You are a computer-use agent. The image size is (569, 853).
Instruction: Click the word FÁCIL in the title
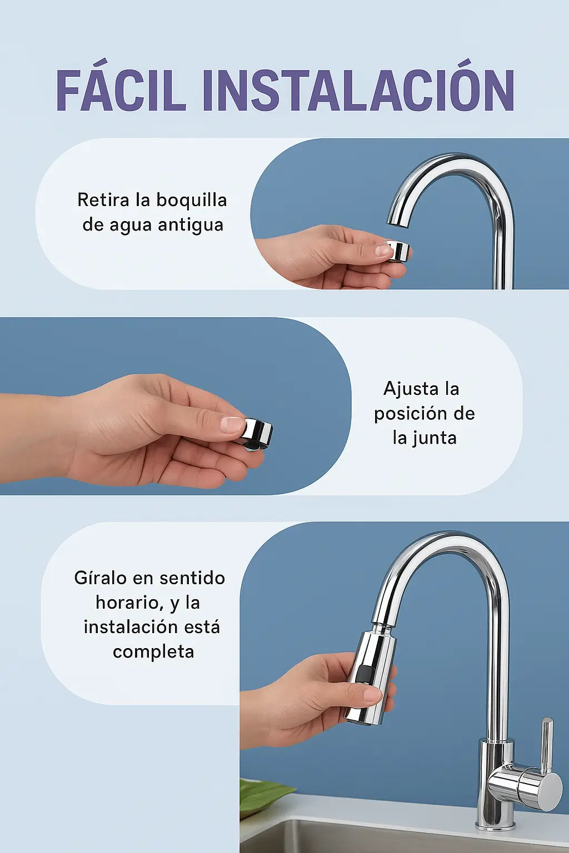pos(121,91)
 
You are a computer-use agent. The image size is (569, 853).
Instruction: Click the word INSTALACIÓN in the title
pos(358,91)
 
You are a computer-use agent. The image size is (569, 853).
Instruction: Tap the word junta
pos(433,438)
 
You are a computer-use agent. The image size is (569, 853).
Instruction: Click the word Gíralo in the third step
pos(100,578)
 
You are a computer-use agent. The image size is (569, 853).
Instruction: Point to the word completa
pos(153,651)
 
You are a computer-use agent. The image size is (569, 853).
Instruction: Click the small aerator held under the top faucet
pos(398,250)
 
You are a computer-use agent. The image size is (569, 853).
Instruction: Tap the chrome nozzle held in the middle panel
pos(257,432)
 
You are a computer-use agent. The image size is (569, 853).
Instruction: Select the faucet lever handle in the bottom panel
pos(547,744)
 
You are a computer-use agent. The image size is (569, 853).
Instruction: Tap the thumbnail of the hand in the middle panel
pos(231,425)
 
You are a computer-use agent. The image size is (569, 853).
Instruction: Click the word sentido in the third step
pos(192,578)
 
